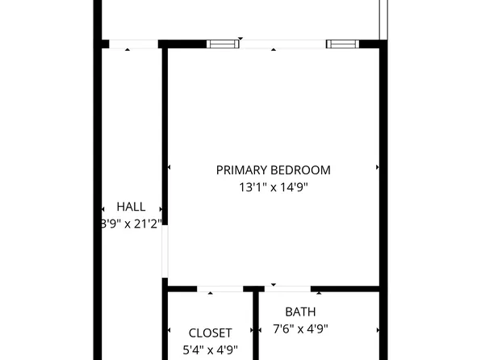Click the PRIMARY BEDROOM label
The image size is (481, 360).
273,170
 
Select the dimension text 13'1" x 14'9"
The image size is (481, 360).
273,187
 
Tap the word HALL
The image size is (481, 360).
131,207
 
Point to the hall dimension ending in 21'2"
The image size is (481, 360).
131,224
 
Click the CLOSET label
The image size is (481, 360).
210,333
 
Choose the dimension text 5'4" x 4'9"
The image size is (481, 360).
210,350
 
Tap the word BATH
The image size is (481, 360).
300,312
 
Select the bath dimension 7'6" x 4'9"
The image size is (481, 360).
300,329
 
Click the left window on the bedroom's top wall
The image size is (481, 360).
224,44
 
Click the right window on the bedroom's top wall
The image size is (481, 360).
341,44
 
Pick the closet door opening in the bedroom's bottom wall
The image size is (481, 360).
220,288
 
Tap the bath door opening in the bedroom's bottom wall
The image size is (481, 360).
288,288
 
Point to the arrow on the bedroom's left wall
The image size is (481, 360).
169,168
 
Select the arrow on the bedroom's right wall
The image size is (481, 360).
377,168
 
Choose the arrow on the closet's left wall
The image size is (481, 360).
169,330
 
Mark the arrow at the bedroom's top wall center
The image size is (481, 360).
273,49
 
